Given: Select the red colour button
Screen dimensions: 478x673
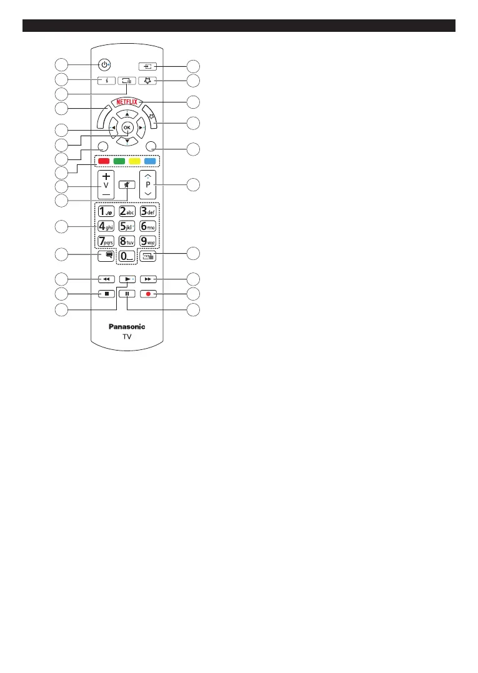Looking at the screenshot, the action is tap(103, 161).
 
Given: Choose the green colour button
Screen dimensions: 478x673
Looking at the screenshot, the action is tap(119, 161).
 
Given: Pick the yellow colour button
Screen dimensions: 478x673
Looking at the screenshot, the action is tap(134, 161).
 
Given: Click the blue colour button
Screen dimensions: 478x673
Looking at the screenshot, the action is tap(150, 161).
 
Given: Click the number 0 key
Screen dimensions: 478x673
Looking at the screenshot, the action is tap(127, 256).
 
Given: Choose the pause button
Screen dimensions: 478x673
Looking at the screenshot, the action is tap(127, 292).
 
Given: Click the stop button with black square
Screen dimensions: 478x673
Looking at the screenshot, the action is tap(103, 292).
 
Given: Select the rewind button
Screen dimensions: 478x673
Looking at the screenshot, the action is tap(103, 279).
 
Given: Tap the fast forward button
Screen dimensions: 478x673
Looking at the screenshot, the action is tap(150, 279).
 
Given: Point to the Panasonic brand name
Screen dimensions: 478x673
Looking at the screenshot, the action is tap(127, 326).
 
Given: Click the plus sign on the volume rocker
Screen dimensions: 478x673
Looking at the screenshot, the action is tap(106, 177).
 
